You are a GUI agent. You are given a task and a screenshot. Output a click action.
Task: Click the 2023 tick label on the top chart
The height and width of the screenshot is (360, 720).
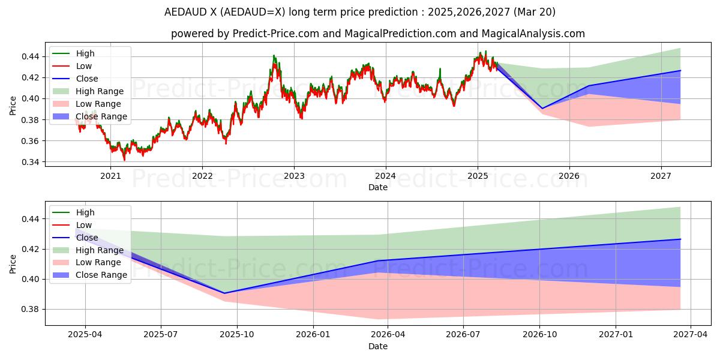(293, 176)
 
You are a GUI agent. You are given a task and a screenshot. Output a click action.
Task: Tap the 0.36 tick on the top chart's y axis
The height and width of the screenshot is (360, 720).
(31, 141)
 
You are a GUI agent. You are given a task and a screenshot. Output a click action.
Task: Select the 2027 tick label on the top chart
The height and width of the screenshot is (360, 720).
(661, 176)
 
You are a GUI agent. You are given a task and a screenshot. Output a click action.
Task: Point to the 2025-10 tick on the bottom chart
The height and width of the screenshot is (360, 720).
(237, 335)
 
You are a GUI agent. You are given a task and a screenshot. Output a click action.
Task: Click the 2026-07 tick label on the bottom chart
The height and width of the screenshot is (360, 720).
(464, 335)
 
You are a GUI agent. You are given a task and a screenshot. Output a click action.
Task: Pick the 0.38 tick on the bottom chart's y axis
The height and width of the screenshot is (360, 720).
(31, 310)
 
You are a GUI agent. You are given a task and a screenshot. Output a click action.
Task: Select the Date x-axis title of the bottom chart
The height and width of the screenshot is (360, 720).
(378, 346)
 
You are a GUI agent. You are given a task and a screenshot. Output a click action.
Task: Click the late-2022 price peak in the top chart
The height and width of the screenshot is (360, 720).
(274, 56)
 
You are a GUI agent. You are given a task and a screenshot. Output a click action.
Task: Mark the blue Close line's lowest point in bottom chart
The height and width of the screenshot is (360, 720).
(224, 293)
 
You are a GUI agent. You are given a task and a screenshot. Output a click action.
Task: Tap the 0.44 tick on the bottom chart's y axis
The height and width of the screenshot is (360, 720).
(31, 219)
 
